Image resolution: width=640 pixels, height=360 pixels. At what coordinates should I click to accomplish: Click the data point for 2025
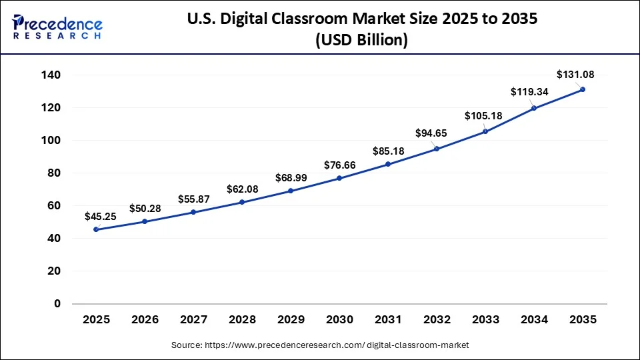click(97, 229)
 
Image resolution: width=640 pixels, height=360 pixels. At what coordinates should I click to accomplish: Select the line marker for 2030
click(339, 178)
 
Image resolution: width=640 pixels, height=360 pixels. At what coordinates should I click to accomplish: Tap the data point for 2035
click(583, 89)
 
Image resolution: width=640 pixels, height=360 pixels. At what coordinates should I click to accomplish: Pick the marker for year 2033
click(485, 131)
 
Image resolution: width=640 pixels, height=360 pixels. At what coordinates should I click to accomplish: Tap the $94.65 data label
click(431, 133)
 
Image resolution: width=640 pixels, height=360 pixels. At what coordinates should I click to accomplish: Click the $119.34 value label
click(529, 92)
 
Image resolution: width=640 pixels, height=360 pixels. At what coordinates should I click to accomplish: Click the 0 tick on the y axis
click(57, 304)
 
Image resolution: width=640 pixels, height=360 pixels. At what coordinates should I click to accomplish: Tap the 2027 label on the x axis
click(193, 320)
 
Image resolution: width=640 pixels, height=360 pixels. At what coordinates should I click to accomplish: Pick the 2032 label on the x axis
click(437, 320)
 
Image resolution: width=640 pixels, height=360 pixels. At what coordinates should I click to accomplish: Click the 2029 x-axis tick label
click(291, 320)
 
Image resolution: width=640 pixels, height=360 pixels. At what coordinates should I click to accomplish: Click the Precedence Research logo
click(57, 26)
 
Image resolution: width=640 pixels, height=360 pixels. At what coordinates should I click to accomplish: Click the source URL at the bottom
click(320, 345)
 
